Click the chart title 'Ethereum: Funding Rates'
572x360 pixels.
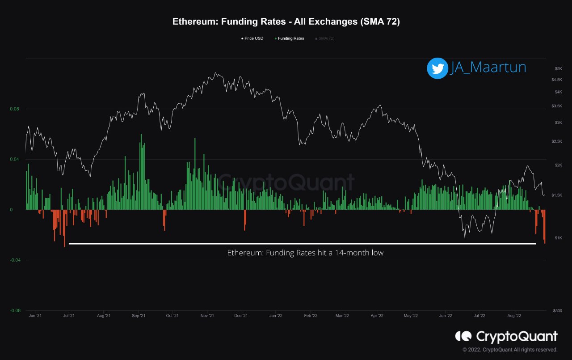286,22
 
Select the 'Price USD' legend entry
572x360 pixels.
252,38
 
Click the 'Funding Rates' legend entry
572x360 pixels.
289,38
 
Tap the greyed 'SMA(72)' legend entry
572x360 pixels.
325,38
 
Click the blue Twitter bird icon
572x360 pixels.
437,68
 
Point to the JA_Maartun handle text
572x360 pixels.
488,68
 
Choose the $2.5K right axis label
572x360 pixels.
557,141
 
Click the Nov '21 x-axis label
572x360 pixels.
207,316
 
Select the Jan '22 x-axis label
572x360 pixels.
276,316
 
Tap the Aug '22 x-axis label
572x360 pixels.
514,316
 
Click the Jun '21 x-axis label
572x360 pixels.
35,316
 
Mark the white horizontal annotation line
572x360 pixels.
302,244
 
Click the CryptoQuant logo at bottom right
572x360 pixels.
506,336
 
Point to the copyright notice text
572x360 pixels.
510,350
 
